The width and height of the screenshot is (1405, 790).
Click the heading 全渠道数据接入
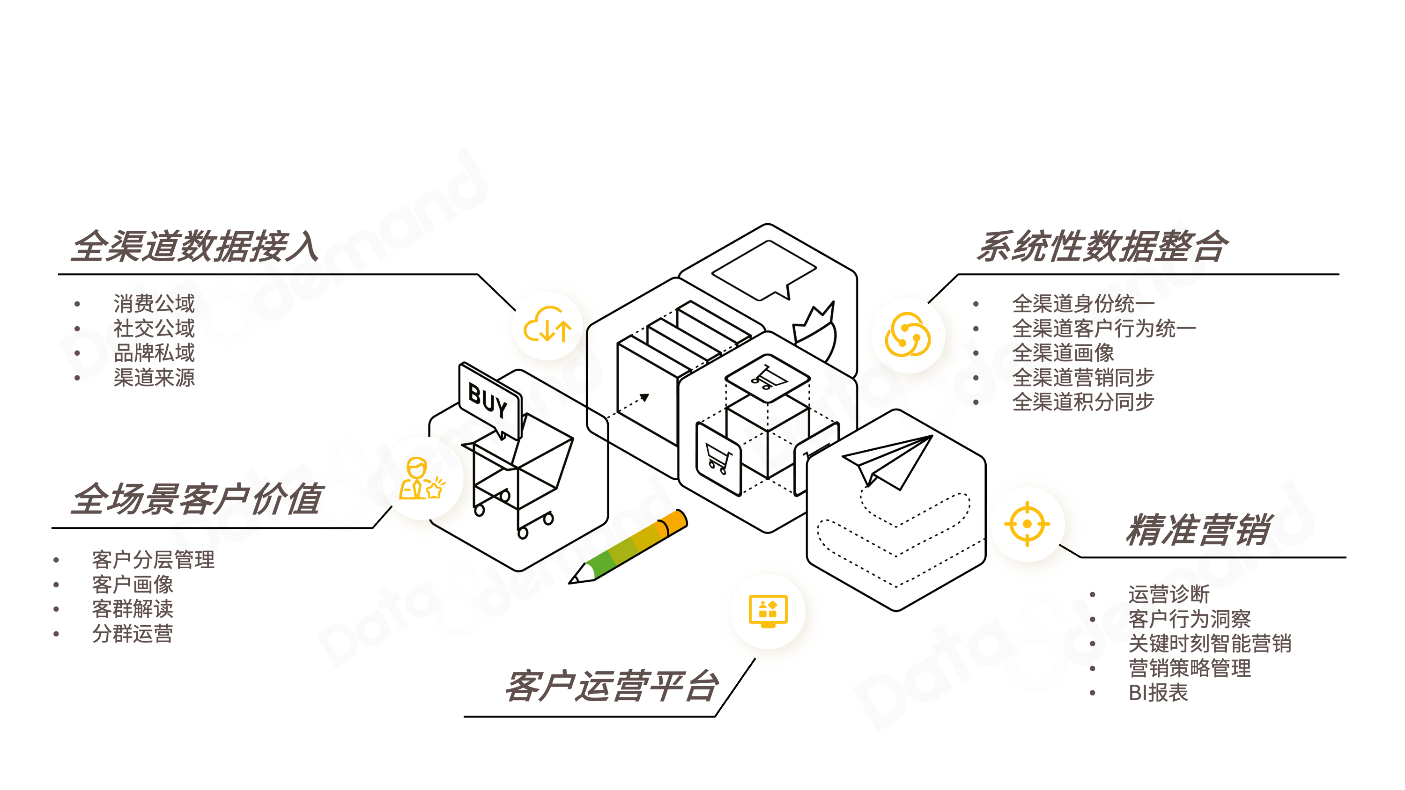coord(195,247)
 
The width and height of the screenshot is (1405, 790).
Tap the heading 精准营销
coord(1198,529)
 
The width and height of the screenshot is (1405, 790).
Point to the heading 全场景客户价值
coord(198,498)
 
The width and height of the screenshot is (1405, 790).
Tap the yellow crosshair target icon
coord(1027,524)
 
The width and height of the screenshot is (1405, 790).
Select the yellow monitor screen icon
coord(768,611)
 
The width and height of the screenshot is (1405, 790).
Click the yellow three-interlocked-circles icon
coord(908,335)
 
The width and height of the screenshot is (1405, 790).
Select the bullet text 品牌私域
coord(154,353)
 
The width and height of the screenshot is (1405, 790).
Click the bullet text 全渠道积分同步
coord(1083,402)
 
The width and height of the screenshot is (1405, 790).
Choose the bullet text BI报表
coord(1158,692)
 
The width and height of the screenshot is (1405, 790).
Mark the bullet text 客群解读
coord(133,608)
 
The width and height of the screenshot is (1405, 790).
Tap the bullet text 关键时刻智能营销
coord(1209,644)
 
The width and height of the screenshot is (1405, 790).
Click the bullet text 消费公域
coord(154,303)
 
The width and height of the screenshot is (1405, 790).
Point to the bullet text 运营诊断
coord(1168,594)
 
